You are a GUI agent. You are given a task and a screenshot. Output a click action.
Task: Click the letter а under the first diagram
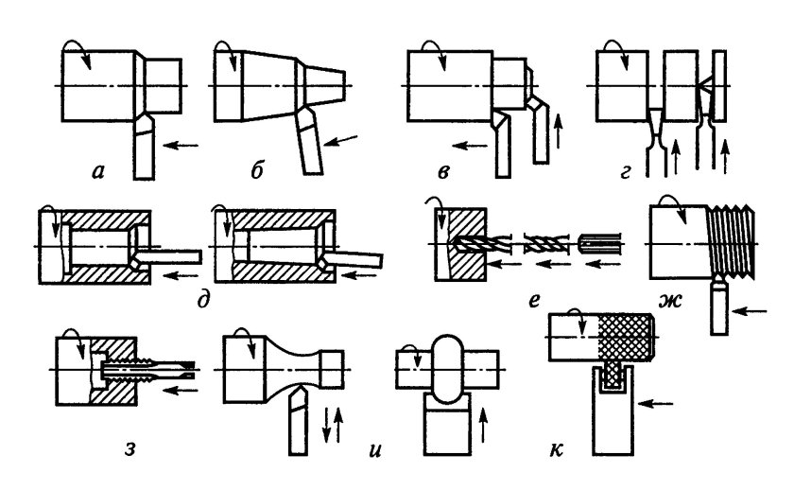(x=97, y=172)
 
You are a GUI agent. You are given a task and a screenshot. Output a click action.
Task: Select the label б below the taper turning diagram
(x=257, y=171)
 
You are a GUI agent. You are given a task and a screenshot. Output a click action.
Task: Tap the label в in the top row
(x=443, y=173)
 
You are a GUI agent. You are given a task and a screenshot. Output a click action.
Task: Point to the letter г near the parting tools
(x=625, y=173)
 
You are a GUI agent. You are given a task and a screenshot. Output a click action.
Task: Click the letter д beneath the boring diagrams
(x=202, y=301)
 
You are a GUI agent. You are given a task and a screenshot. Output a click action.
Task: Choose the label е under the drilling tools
(x=534, y=301)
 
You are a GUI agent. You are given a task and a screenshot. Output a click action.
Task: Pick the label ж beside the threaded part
(x=670, y=301)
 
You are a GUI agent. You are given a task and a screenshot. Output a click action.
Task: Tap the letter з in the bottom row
(x=130, y=448)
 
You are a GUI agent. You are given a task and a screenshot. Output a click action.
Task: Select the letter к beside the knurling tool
(x=556, y=449)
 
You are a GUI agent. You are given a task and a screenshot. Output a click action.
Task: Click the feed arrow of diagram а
(x=181, y=146)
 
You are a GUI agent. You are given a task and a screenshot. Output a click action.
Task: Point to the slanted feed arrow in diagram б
(x=340, y=140)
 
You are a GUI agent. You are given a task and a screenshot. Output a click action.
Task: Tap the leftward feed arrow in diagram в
(x=471, y=146)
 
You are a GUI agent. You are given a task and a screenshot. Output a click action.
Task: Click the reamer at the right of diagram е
(x=600, y=244)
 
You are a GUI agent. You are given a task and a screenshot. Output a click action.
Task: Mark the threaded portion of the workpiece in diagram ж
(x=731, y=242)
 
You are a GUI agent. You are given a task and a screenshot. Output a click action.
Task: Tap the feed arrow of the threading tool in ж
(x=750, y=310)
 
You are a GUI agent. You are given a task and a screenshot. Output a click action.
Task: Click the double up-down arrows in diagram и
(x=333, y=425)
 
